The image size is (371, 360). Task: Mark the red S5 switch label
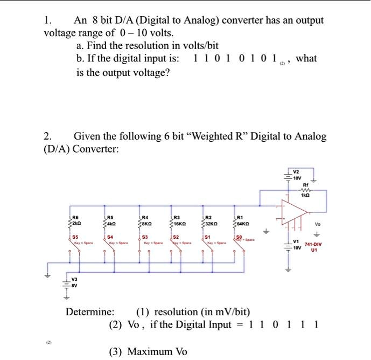point(76,236)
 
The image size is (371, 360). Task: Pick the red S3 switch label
point(144,236)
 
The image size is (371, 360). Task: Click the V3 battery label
point(75,279)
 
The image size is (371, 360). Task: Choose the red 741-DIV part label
point(313,244)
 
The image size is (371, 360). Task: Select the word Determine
point(90,312)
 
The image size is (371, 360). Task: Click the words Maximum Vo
point(148,352)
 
